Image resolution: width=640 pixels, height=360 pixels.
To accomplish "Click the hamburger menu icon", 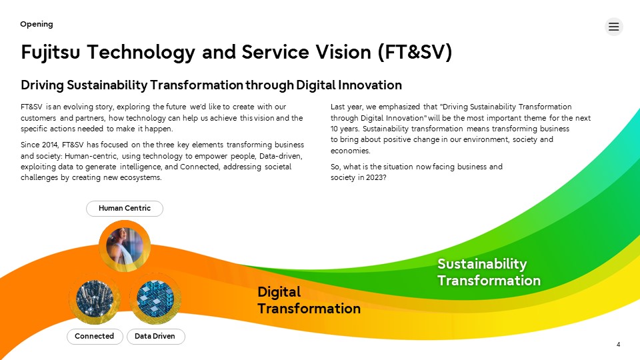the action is pyautogui.click(x=613, y=27).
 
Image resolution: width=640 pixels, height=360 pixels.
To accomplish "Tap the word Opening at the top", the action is pyautogui.click(x=37, y=24).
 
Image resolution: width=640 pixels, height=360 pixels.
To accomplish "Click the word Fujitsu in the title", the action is pyautogui.click(x=50, y=52).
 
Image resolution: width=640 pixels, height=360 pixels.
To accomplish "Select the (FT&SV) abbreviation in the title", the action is pyautogui.click(x=415, y=52).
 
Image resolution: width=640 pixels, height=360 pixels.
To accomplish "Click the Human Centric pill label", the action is pyautogui.click(x=125, y=208).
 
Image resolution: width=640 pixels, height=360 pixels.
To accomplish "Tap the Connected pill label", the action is pyautogui.click(x=95, y=336).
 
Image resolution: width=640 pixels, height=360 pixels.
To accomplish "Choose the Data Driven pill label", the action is pyautogui.click(x=155, y=336).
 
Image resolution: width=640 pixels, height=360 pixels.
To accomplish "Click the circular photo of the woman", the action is pyautogui.click(x=125, y=247).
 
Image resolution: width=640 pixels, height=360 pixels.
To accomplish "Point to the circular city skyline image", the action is pyautogui.click(x=95, y=299).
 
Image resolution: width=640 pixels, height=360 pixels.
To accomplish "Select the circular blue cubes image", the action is pyautogui.click(x=155, y=299).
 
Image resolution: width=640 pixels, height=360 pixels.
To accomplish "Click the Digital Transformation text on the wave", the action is pyautogui.click(x=309, y=301).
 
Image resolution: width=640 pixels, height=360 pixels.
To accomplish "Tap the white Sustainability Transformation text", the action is pyautogui.click(x=489, y=272).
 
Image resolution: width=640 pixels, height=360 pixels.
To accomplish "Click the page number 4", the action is pyautogui.click(x=619, y=345).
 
